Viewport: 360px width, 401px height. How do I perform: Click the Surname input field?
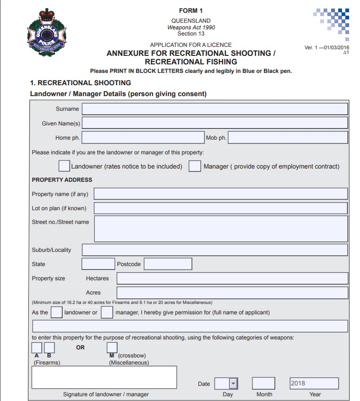(215, 109)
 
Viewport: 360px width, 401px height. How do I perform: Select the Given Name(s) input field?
(215, 123)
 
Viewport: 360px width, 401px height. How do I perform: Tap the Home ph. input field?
(143, 138)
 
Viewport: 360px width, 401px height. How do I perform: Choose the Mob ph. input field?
(288, 138)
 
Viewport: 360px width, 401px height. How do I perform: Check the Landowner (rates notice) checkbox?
(64, 166)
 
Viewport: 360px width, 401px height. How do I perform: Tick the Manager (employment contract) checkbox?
(195, 166)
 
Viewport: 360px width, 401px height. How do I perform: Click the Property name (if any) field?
(221, 194)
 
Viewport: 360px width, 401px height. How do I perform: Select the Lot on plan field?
(221, 208)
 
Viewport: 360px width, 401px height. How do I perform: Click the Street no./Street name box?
(221, 229)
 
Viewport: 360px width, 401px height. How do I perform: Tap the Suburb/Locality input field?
(215, 250)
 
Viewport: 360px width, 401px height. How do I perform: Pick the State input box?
(98, 264)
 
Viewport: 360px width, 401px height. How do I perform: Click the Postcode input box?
(168, 264)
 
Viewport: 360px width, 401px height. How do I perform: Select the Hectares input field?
(232, 278)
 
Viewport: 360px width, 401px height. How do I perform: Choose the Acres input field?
(232, 293)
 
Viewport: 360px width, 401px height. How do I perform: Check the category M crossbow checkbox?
(112, 348)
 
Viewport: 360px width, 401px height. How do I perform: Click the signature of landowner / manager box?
(104, 377)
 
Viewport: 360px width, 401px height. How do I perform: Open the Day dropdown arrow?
(233, 383)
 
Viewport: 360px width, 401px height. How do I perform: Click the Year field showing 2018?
(314, 383)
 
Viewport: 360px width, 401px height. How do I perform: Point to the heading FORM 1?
(191, 11)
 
